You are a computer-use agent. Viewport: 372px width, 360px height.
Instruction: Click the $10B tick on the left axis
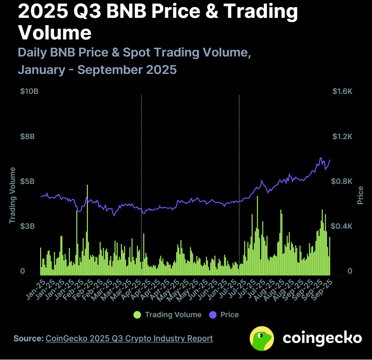coord(29,91)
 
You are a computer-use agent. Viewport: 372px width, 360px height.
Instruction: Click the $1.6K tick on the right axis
coord(342,91)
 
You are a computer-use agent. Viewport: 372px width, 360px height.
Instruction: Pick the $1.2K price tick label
coord(342,137)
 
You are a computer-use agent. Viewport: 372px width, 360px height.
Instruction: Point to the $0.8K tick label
coord(342,181)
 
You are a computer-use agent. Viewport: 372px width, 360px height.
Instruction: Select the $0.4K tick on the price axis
coord(342,226)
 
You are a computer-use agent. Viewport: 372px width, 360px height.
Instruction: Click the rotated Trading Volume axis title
coord(12,195)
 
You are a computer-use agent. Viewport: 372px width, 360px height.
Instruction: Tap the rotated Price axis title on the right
coord(360,195)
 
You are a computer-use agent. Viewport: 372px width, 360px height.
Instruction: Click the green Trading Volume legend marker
coord(137,315)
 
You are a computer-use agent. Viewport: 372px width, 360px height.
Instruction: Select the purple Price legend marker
coord(213,315)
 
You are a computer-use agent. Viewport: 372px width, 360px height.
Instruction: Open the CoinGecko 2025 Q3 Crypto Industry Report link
coord(129,338)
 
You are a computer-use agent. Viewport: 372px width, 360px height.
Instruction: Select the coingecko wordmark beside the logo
coord(322,338)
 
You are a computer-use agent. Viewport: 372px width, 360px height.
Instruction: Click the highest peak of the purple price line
coord(321,158)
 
